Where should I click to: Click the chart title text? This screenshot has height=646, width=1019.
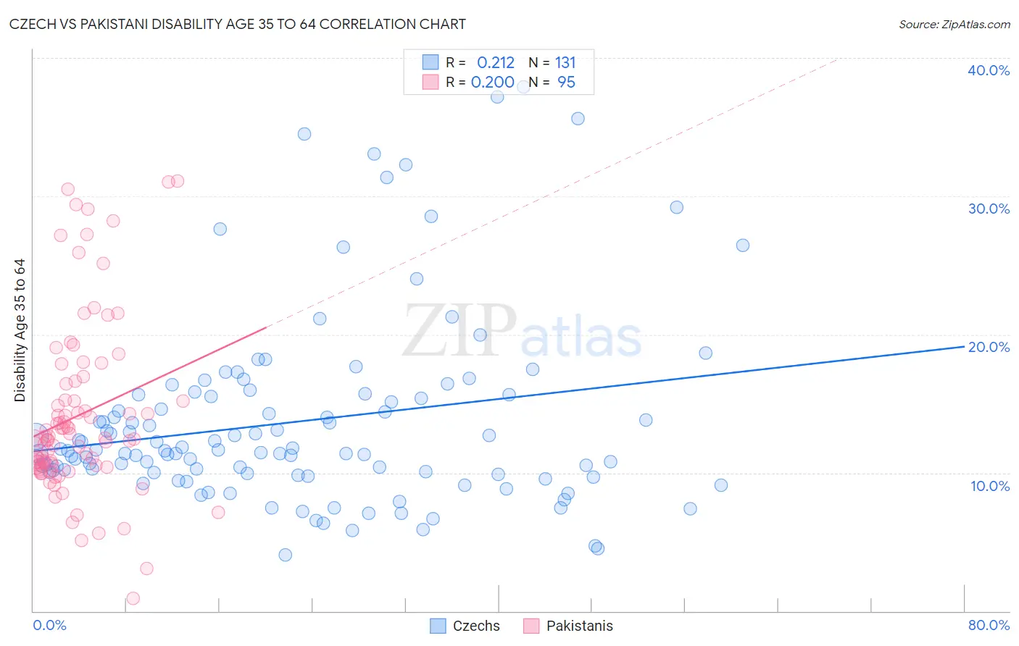click(238, 24)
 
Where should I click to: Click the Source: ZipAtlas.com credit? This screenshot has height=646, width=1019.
click(954, 24)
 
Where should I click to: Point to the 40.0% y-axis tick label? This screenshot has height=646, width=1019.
click(989, 70)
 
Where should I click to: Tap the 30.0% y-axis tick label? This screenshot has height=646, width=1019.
click(989, 209)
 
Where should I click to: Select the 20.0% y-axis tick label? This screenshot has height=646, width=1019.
click(989, 347)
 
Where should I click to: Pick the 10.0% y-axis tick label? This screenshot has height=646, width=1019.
click(989, 486)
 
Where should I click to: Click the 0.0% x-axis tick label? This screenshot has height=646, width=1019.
click(49, 625)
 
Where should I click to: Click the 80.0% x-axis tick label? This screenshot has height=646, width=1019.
click(989, 625)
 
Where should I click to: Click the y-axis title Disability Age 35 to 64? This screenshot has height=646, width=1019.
click(20, 330)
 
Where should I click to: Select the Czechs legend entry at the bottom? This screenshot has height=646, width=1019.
click(465, 626)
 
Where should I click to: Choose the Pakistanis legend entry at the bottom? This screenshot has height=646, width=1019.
click(567, 626)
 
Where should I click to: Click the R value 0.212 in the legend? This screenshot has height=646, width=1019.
click(496, 62)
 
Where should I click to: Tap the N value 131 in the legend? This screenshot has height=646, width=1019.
click(565, 62)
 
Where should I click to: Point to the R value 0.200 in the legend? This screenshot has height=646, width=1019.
click(493, 82)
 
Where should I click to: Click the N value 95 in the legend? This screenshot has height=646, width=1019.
click(566, 82)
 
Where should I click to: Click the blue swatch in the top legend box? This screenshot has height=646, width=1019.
click(431, 62)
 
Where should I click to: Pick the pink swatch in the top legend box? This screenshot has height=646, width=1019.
click(431, 82)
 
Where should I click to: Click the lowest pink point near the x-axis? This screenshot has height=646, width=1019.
click(133, 598)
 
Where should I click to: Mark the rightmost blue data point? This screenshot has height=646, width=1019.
click(743, 245)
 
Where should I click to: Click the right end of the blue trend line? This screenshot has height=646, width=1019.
click(964, 346)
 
